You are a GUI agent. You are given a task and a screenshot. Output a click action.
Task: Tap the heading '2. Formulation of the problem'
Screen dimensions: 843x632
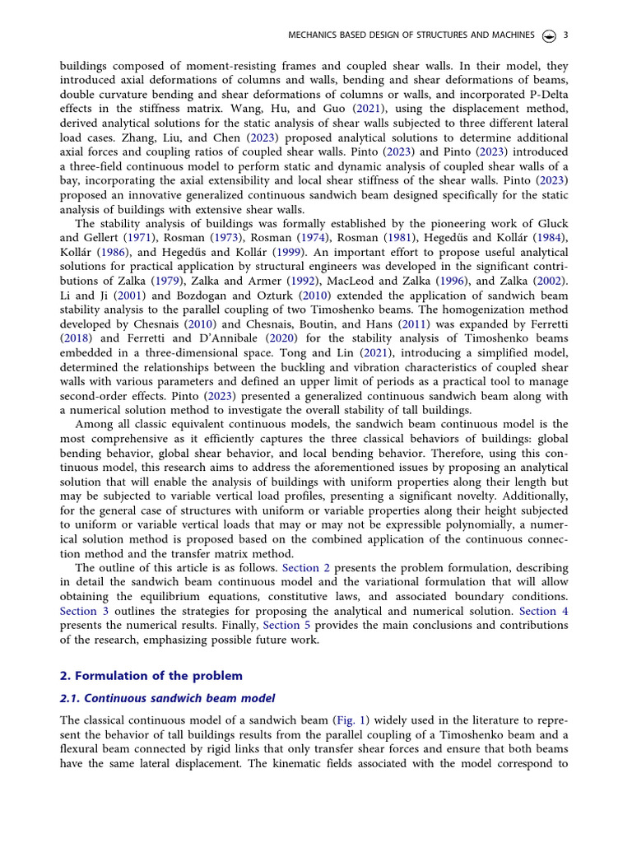pyautogui.click(x=151, y=676)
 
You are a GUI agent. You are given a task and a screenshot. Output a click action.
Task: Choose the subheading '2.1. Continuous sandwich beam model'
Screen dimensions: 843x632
pyautogui.click(x=167, y=698)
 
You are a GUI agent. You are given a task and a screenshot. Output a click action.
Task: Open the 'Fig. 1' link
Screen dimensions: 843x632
pyautogui.click(x=349, y=720)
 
